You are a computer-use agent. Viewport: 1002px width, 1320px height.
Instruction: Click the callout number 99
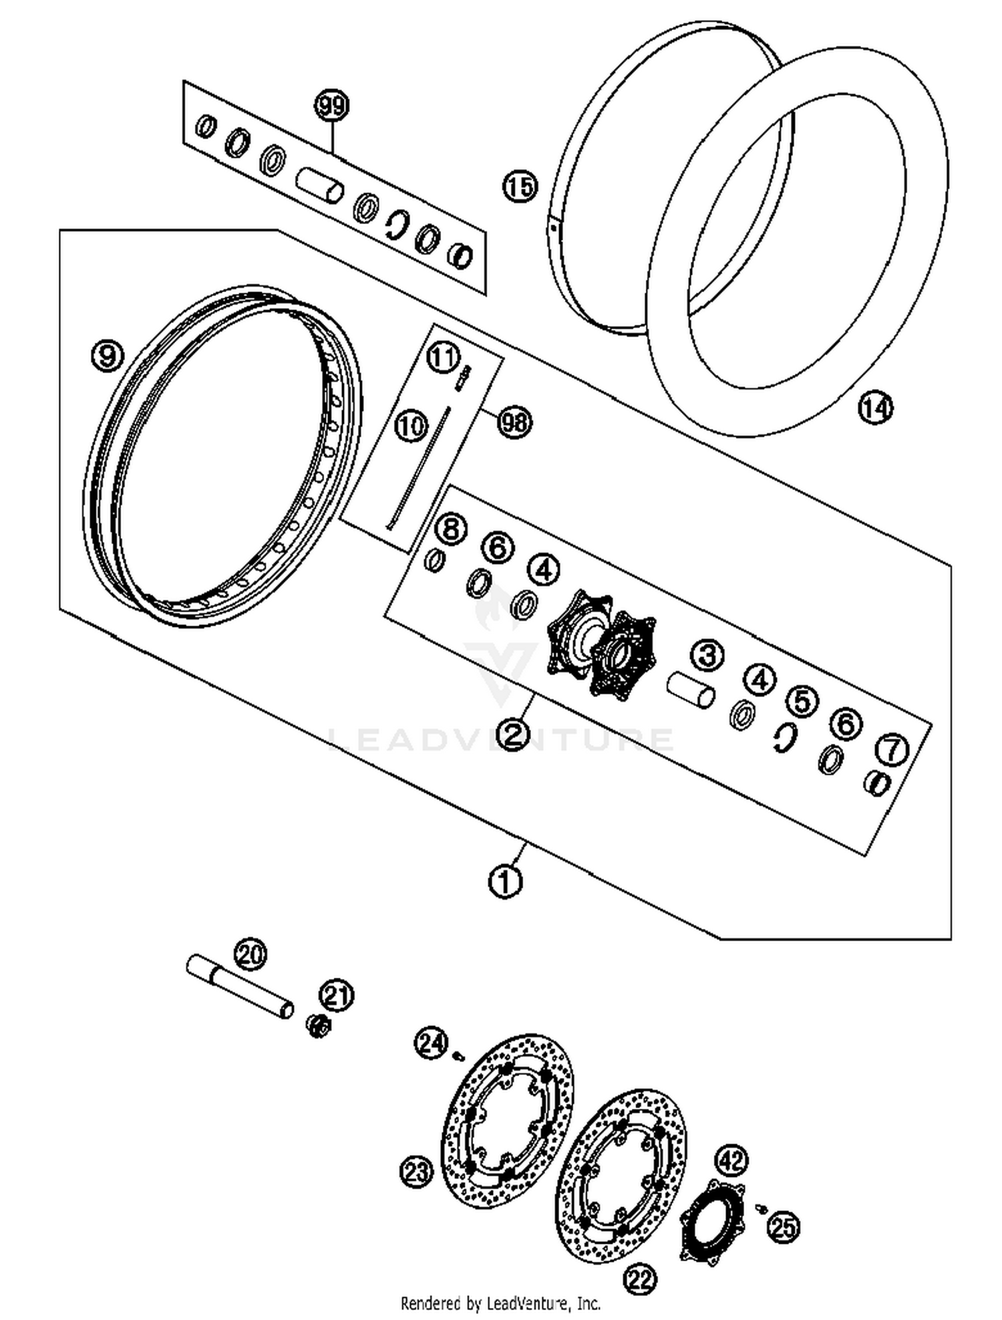[332, 106]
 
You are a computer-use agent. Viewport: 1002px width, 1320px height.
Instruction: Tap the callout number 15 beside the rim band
[520, 186]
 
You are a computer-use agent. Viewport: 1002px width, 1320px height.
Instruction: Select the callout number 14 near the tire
[876, 408]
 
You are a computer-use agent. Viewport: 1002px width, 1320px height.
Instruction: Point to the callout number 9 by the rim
[108, 354]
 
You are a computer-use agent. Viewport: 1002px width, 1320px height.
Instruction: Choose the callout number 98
[514, 422]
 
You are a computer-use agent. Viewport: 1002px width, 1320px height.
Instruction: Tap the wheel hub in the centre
[601, 644]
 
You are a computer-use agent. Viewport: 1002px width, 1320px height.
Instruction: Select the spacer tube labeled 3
[691, 690]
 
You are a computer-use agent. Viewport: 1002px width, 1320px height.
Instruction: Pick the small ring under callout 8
[435, 560]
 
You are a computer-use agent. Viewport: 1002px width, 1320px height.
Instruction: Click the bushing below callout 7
[878, 783]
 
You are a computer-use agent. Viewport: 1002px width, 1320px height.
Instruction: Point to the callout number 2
[513, 734]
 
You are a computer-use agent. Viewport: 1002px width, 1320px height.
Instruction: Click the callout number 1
[505, 882]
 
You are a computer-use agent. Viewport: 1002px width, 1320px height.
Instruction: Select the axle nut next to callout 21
[318, 1026]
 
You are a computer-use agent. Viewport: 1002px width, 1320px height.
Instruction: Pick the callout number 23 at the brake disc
[417, 1172]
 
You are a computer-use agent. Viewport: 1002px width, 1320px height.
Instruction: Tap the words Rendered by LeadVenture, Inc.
[500, 1303]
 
